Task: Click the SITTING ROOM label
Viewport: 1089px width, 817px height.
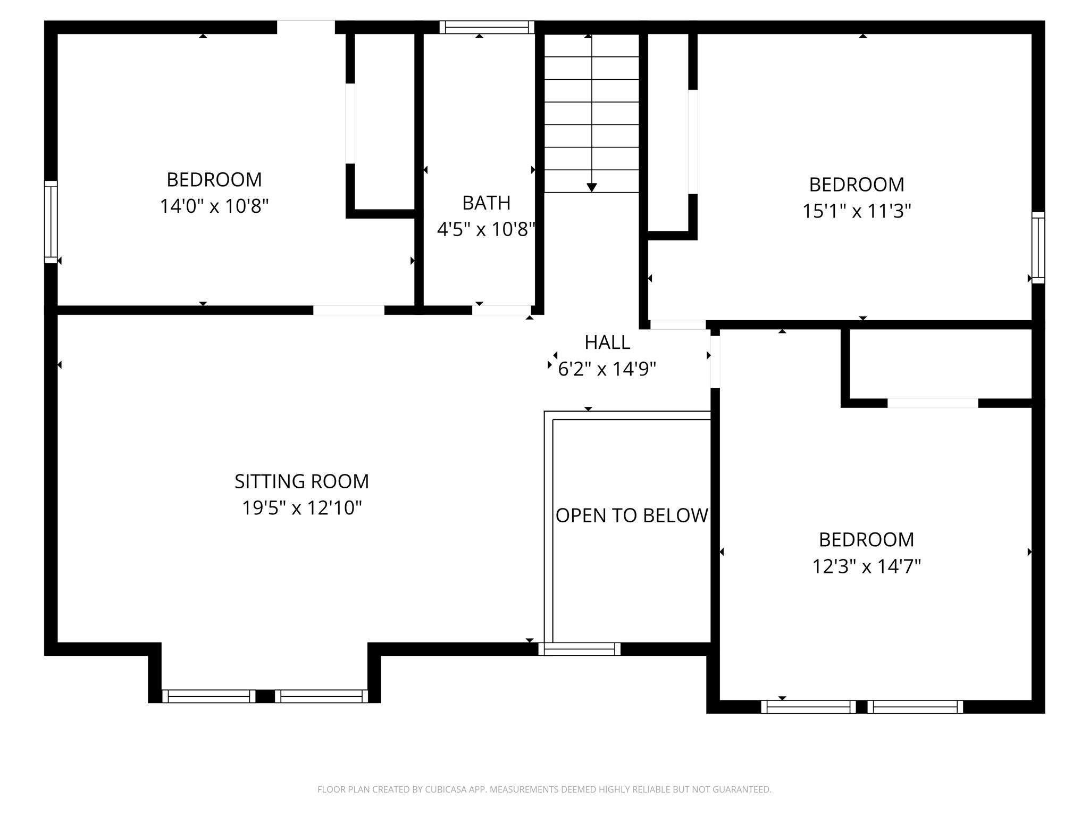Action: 301,481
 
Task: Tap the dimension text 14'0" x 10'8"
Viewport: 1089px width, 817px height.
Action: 214,206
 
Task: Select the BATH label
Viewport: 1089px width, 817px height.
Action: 486,203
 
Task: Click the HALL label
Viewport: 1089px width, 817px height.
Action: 607,343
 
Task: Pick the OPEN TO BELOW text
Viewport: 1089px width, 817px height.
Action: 632,515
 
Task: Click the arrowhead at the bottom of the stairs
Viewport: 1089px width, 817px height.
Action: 592,187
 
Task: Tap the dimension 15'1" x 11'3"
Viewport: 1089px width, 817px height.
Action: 857,211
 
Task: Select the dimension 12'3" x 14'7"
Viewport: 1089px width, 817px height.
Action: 866,566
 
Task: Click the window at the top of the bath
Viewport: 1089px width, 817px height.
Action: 487,27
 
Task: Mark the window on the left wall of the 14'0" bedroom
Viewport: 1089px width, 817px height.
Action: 51,222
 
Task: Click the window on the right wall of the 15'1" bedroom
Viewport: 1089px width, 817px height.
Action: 1038,248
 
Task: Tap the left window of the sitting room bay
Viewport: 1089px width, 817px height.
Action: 208,696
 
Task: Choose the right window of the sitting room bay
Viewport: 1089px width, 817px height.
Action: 321,696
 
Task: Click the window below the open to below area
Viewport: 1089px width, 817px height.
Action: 580,649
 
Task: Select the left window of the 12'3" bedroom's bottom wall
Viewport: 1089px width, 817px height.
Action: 808,706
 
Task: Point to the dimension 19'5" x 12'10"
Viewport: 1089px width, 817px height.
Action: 301,508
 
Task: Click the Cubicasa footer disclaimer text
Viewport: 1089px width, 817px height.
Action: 544,789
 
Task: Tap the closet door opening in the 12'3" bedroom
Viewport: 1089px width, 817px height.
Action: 933,403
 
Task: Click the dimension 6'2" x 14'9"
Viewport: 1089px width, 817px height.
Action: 607,369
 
